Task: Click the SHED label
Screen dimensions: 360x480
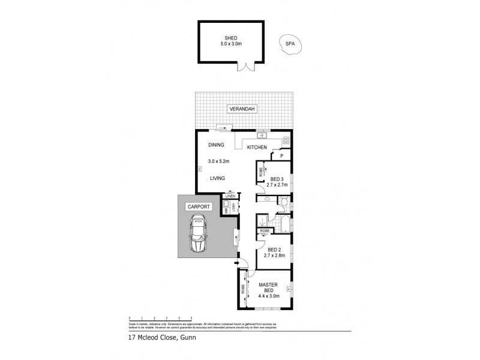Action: point(231,37)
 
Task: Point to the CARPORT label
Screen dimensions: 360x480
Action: point(199,206)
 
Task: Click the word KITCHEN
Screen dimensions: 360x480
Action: point(257,148)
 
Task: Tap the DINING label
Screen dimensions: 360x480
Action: point(216,145)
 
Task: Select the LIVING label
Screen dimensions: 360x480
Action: point(217,178)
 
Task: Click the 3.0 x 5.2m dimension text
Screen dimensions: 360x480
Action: point(219,161)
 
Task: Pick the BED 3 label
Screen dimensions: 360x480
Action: point(277,179)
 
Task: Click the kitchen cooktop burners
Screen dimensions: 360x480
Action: point(286,142)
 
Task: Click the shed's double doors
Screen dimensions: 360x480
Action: point(245,68)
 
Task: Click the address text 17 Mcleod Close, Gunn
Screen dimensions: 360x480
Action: point(161,337)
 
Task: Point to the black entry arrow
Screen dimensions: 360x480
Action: point(238,262)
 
